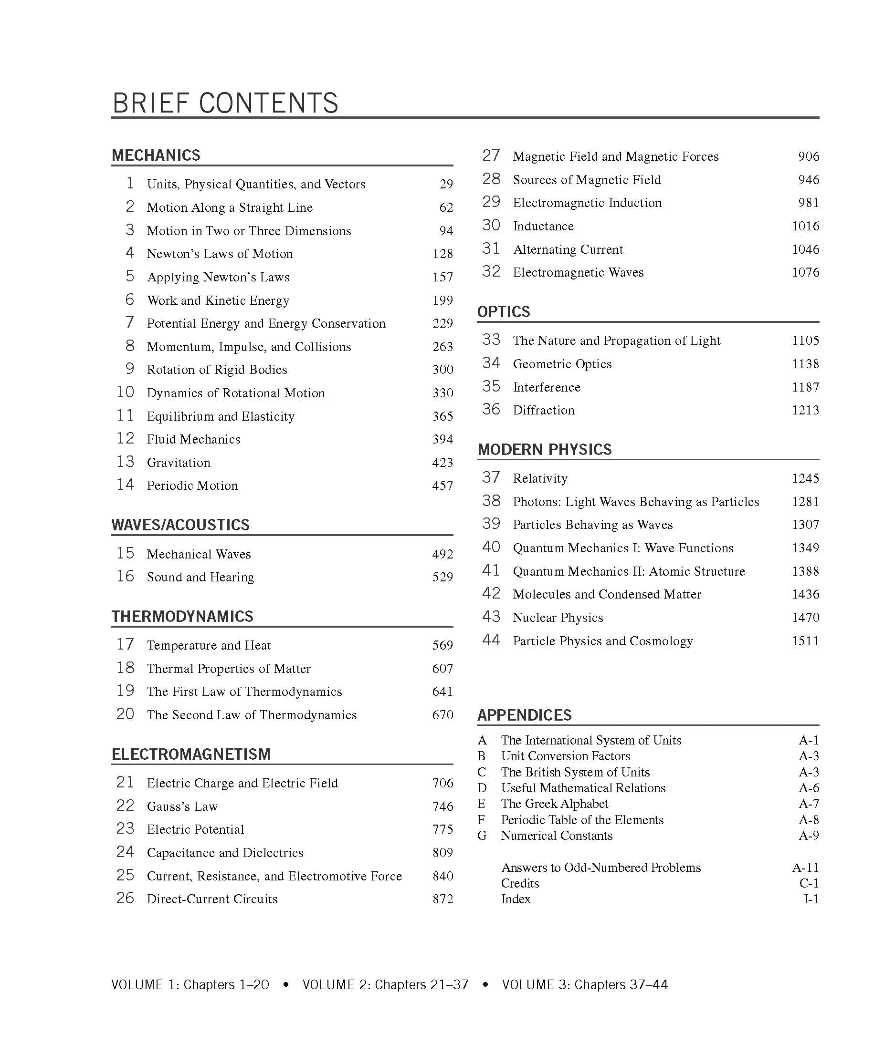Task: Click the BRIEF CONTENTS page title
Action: pyautogui.click(x=225, y=103)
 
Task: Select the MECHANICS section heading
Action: pyautogui.click(x=156, y=155)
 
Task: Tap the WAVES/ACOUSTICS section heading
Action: pyautogui.click(x=180, y=525)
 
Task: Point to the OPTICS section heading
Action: pyautogui.click(x=503, y=312)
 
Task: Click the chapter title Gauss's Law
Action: pyautogui.click(x=182, y=806)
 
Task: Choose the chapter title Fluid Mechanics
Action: pyautogui.click(x=193, y=440)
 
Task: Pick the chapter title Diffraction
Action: pyautogui.click(x=544, y=411)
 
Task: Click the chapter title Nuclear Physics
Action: pyautogui.click(x=558, y=618)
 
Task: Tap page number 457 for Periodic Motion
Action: pyautogui.click(x=442, y=486)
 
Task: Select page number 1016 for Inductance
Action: pyautogui.click(x=805, y=227)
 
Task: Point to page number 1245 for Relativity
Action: pyautogui.click(x=805, y=478)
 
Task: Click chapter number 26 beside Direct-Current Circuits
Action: pyautogui.click(x=125, y=899)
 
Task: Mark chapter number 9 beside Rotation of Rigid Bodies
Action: pyautogui.click(x=129, y=369)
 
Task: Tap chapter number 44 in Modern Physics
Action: pyautogui.click(x=491, y=641)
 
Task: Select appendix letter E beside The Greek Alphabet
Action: pyautogui.click(x=481, y=804)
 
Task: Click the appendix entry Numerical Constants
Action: pyautogui.click(x=557, y=836)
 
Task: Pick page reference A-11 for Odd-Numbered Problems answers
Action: pyautogui.click(x=805, y=868)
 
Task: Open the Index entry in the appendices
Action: pyautogui.click(x=516, y=899)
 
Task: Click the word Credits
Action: pyautogui.click(x=520, y=883)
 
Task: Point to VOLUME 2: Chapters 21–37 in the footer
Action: pyautogui.click(x=385, y=985)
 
